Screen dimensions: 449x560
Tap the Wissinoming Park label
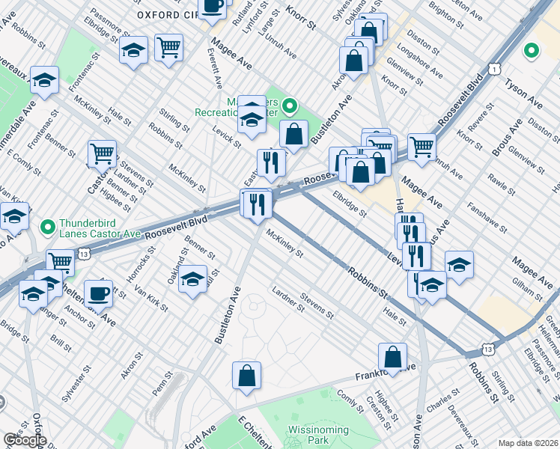[317, 436]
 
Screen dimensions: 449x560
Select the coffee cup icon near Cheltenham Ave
[99, 294]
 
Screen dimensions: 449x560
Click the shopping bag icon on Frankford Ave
[393, 358]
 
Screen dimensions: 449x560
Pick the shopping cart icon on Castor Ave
[102, 154]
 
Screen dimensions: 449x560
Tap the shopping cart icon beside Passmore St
[169, 47]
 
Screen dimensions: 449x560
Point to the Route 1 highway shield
[495, 68]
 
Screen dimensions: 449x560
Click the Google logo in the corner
[24, 440]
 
